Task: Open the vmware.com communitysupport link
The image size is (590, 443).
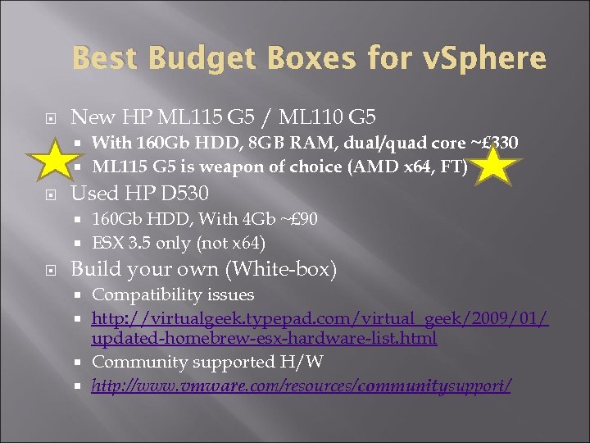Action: point(302,385)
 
